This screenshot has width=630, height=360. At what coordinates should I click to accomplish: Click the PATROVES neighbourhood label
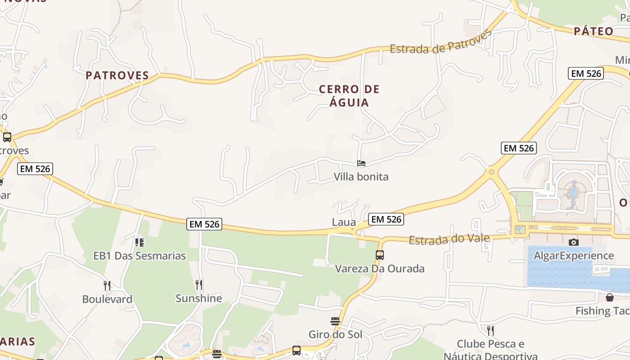117,75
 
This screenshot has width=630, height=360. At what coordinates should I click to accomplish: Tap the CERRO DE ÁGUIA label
349,96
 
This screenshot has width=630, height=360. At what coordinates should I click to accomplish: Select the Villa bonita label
361,177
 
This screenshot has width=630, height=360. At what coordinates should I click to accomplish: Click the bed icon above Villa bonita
361,163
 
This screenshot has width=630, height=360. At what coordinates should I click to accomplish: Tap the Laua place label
344,222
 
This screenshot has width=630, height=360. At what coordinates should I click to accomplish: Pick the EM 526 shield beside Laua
386,219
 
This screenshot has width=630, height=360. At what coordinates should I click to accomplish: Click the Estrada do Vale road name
449,239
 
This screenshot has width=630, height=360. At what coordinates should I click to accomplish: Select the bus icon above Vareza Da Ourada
380,255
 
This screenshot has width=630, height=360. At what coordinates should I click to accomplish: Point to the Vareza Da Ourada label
380,269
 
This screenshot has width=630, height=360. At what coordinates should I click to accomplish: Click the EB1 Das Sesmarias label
139,256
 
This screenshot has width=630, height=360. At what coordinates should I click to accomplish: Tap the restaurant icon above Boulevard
107,285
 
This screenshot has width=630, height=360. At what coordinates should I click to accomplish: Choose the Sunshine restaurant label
199,298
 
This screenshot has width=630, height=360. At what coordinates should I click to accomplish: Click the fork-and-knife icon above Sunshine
199,284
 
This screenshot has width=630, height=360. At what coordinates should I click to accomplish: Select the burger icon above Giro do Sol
335,321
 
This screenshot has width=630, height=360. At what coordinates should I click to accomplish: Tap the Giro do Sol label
335,335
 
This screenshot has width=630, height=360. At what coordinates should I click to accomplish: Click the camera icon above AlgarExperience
574,242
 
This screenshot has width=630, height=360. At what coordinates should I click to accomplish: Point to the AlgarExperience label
574,256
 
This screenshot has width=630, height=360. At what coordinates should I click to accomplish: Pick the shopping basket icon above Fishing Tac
610,297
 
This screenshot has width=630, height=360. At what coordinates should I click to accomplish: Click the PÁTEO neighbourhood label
594,31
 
